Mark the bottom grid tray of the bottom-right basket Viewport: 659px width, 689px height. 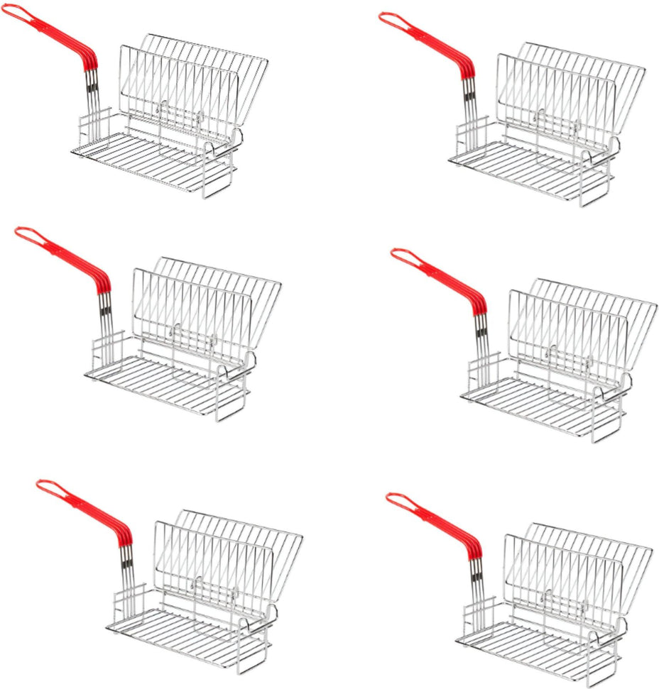tap(525, 642)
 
